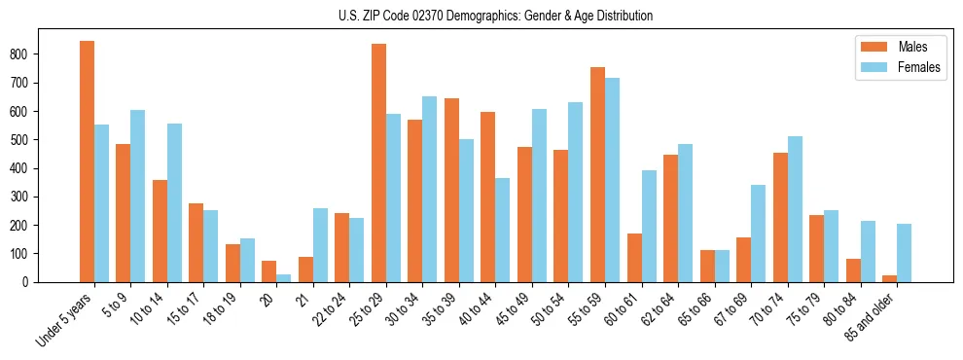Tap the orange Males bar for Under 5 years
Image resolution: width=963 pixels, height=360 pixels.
pyautogui.click(x=87, y=162)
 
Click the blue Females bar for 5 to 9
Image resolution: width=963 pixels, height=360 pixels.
pyautogui.click(x=137, y=196)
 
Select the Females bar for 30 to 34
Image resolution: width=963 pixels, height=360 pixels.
pyautogui.click(x=429, y=189)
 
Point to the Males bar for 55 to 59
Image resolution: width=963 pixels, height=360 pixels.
pyautogui.click(x=597, y=174)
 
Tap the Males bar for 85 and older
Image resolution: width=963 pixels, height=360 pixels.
pyautogui.click(x=889, y=278)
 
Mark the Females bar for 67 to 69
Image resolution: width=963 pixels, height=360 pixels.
pyautogui.click(x=758, y=234)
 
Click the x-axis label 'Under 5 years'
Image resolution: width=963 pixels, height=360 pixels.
pyautogui.click(x=64, y=319)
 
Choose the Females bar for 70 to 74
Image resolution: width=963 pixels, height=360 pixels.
pyautogui.click(x=794, y=209)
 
